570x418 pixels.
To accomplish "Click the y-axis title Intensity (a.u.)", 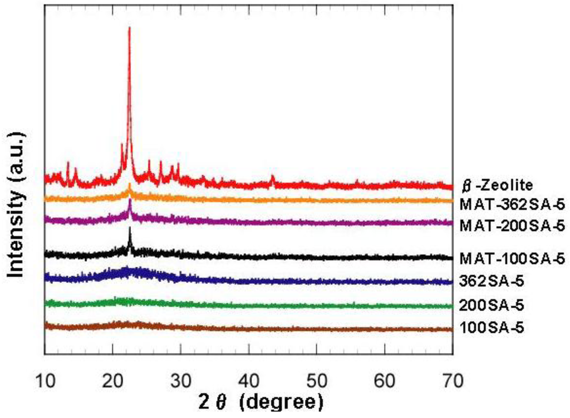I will (18, 204).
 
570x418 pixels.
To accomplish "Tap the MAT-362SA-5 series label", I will (512, 205).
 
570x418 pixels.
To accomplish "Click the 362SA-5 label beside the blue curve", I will (492, 282).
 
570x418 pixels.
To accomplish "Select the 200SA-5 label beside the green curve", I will (492, 305).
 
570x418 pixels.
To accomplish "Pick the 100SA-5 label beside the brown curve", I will (492, 328).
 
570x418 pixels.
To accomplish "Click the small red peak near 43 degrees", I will (272, 177).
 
